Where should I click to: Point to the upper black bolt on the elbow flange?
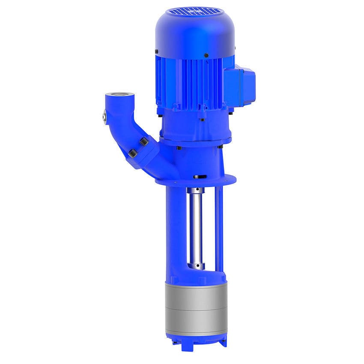click(x=144, y=141)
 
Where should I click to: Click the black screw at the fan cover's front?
click(x=206, y=55)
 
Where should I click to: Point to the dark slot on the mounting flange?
click(x=198, y=176)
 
